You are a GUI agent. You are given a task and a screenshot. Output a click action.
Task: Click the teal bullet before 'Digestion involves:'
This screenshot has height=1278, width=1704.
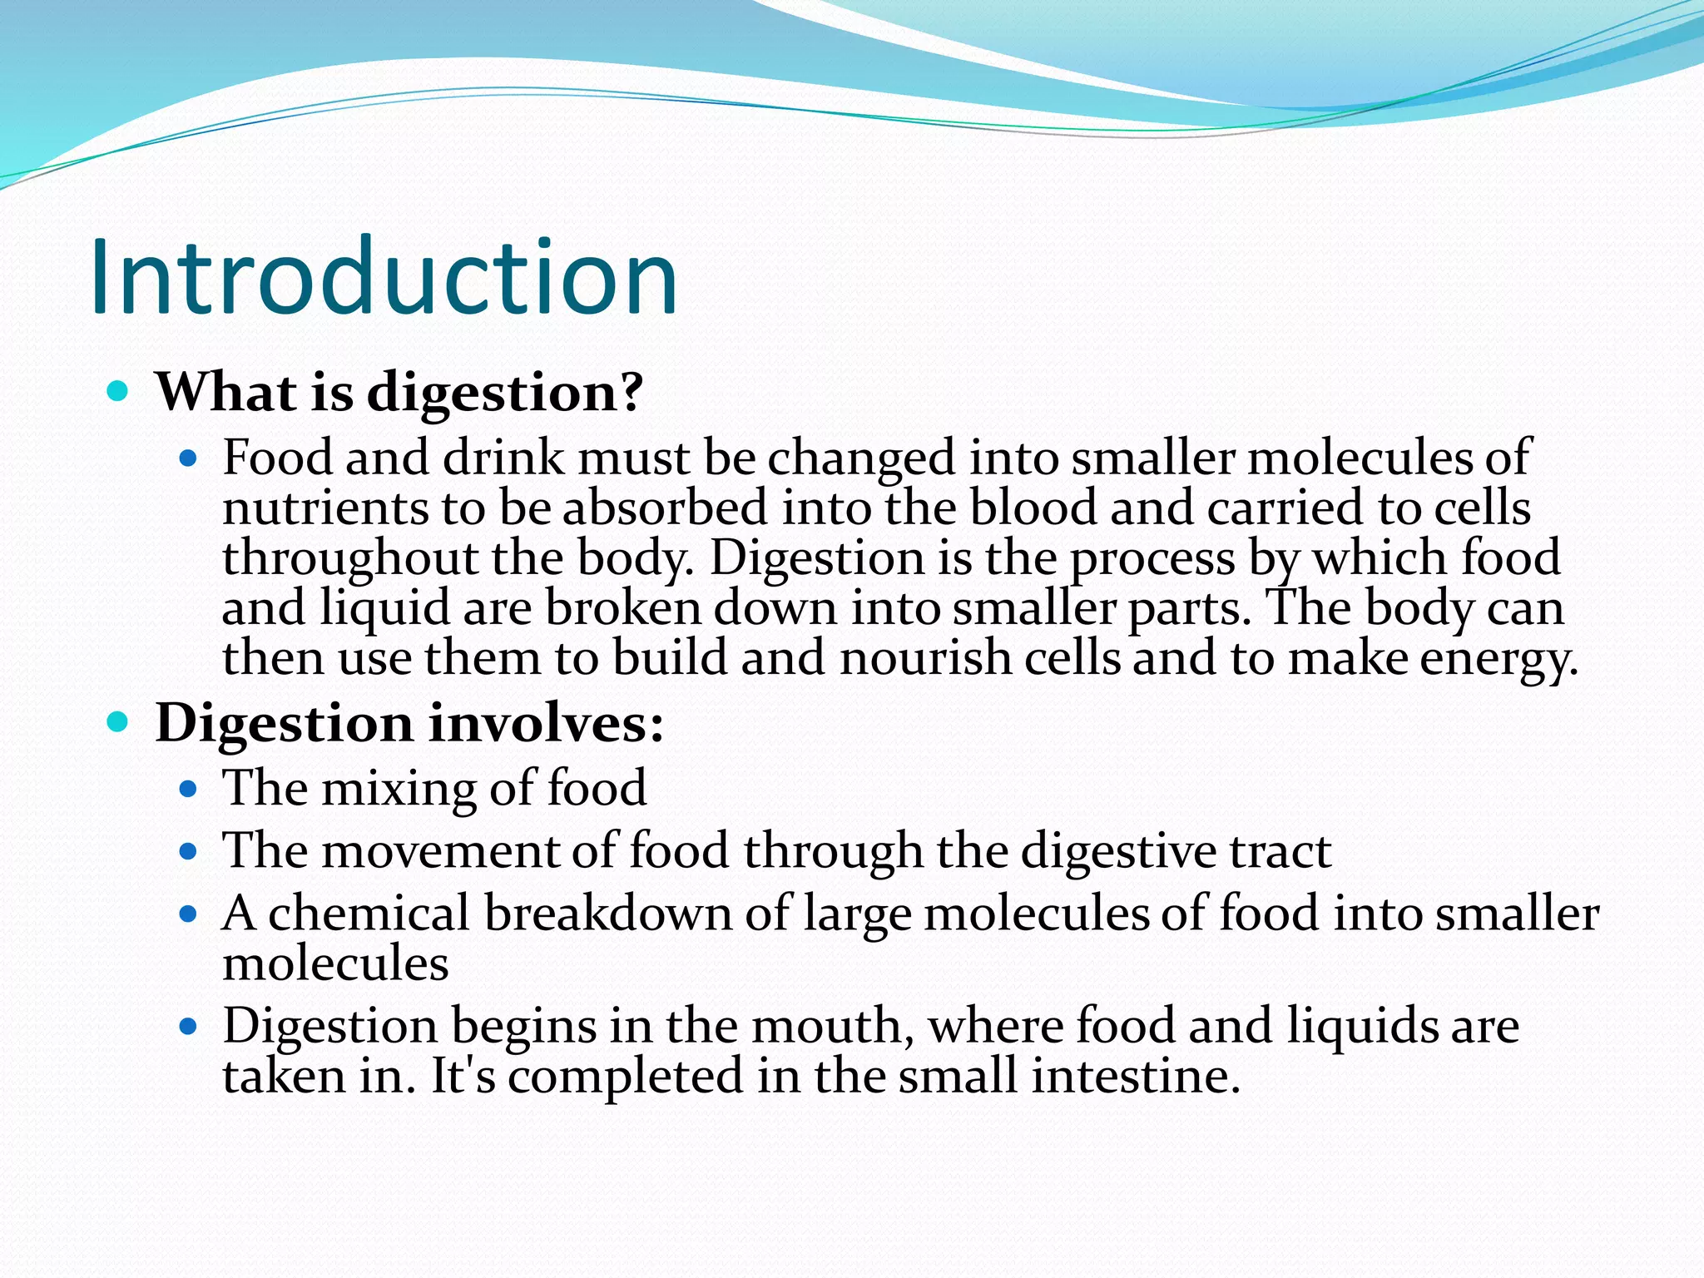(118, 722)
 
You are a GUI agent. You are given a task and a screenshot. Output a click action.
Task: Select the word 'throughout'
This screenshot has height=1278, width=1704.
(350, 558)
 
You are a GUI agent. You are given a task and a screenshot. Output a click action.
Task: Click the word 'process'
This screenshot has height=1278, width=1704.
(1152, 558)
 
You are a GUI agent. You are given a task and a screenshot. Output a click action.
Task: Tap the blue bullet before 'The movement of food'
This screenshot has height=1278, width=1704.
(189, 851)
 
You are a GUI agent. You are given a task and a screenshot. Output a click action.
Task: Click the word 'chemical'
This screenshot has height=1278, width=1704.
(369, 914)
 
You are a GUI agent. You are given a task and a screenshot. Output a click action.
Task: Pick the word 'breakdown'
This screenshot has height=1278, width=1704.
(608, 914)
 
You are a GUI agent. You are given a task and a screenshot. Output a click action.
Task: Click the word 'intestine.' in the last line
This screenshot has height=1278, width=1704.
(1136, 1076)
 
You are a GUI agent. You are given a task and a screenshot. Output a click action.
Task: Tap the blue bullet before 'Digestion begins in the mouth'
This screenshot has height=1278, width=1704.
(189, 1027)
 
